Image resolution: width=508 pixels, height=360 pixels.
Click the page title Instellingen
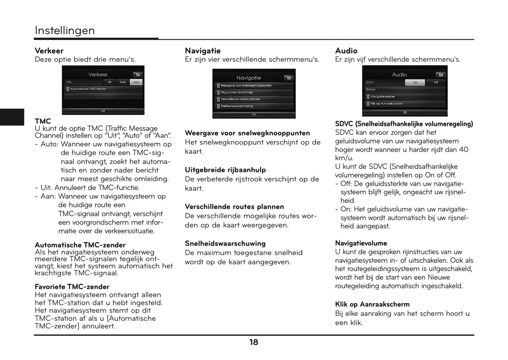65,31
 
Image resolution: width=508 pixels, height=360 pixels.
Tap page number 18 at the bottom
253,342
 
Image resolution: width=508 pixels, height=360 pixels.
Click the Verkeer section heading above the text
49,51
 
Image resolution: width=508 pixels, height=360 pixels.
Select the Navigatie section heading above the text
202,51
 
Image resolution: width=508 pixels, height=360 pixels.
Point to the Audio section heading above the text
346,51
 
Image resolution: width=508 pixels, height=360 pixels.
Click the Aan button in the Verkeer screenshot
136,82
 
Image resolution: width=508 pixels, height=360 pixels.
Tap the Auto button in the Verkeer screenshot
123,82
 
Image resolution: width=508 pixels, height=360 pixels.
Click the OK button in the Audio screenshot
405,112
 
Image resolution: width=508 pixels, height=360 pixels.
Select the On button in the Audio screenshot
415,83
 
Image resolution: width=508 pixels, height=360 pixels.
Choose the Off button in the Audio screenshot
436,83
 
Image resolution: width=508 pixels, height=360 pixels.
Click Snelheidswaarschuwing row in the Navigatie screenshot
254,106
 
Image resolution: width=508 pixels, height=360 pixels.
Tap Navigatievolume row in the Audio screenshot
405,97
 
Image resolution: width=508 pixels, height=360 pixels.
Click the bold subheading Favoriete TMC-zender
72,287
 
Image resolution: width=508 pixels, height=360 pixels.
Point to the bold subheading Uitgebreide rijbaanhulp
225,170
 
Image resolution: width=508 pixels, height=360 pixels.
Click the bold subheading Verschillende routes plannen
234,207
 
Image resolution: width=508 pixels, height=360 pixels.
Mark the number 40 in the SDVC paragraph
464,150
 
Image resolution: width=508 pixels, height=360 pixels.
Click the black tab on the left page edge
12,117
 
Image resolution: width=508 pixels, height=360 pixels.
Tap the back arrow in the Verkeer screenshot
137,74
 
